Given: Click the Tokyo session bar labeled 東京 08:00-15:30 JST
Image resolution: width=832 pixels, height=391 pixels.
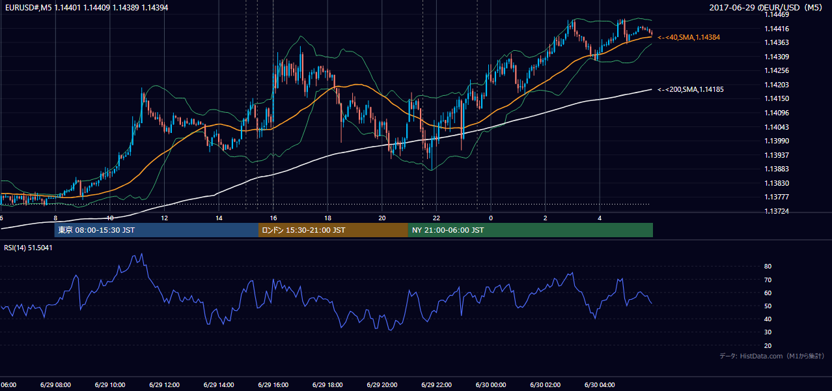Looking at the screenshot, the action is [x=156, y=230].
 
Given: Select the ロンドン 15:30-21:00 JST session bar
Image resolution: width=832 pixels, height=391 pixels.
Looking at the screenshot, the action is [x=333, y=230].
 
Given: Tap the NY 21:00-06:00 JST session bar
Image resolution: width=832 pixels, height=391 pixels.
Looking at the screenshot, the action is [x=531, y=230].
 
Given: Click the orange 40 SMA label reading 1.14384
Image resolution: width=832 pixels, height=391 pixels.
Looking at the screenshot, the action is [x=689, y=37].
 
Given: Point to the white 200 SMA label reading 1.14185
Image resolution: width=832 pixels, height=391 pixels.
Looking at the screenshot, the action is [x=691, y=89].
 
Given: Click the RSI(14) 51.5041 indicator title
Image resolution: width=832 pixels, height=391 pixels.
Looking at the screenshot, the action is [x=28, y=248].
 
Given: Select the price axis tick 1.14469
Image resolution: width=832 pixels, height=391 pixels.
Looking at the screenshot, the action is [x=777, y=14].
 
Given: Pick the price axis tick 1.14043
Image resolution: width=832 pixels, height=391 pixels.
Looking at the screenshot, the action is [x=777, y=127].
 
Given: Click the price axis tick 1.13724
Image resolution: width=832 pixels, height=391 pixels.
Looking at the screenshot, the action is [x=777, y=211].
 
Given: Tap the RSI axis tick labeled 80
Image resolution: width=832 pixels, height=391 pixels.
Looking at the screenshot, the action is [x=768, y=266].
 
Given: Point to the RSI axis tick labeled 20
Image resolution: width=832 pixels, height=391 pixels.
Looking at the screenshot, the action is [x=768, y=345].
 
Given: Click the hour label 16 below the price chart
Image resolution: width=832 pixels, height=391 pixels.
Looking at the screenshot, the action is [x=273, y=218].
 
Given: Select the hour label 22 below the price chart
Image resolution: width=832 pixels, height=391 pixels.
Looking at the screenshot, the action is [x=436, y=218].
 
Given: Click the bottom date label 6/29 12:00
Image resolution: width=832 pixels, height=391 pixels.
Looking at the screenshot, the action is [x=165, y=384].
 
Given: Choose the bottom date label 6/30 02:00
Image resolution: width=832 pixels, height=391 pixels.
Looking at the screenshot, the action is [x=546, y=384].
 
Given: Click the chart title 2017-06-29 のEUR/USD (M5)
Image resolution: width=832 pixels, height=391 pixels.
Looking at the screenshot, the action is [x=766, y=7].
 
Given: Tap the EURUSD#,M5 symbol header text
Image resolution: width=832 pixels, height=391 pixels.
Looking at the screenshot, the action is [x=28, y=7].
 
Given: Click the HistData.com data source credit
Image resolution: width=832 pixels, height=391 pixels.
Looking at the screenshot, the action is [x=772, y=356].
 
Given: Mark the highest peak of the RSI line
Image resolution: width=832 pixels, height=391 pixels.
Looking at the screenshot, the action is [x=141, y=254].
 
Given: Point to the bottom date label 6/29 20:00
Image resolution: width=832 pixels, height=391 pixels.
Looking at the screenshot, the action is [x=382, y=384].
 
